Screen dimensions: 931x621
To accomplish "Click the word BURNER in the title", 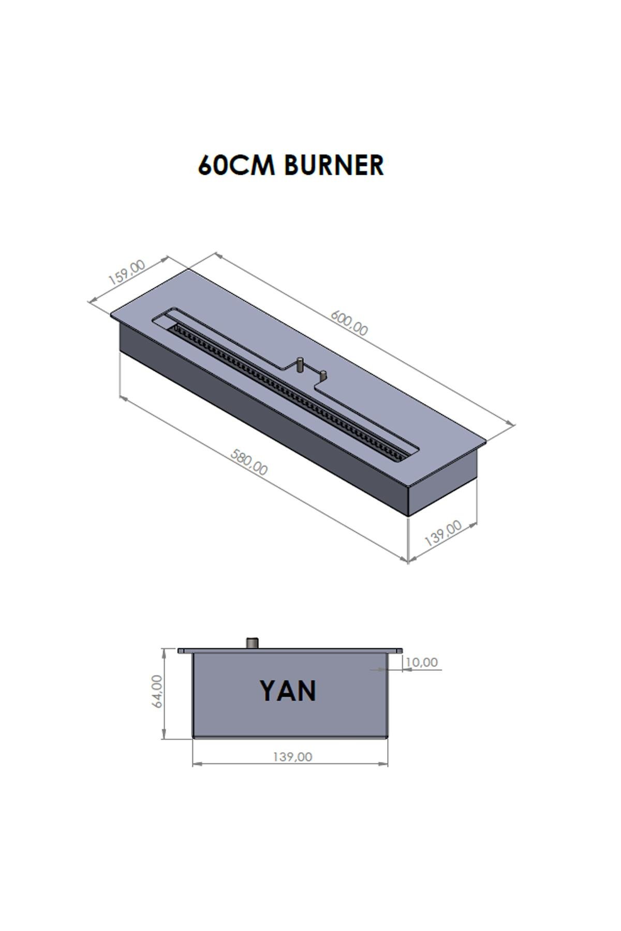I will [334, 166].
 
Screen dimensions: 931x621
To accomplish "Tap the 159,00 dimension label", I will [127, 273].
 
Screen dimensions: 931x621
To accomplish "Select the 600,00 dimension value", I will [349, 322].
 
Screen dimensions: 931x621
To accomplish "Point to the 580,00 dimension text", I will [249, 462].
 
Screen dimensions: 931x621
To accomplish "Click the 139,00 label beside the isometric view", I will [443, 533].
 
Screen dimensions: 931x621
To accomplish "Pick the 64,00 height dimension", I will [157, 691].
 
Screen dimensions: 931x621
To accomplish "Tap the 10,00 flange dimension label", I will [422, 662].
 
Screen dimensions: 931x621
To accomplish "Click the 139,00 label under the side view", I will [292, 757].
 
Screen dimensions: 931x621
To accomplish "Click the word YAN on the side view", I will [288, 691].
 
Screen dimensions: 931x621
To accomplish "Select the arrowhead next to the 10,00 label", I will [406, 669].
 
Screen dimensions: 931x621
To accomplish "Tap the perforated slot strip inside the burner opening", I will [290, 393].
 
